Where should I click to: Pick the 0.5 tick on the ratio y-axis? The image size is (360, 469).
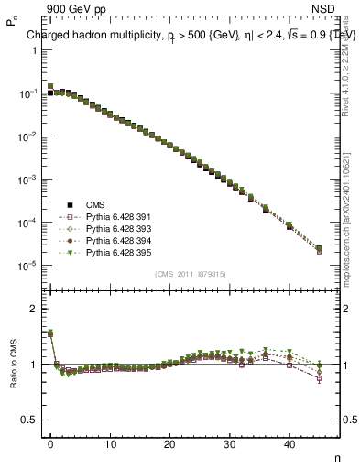29,420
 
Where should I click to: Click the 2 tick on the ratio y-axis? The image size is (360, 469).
33,309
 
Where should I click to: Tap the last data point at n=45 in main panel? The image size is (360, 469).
319,249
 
